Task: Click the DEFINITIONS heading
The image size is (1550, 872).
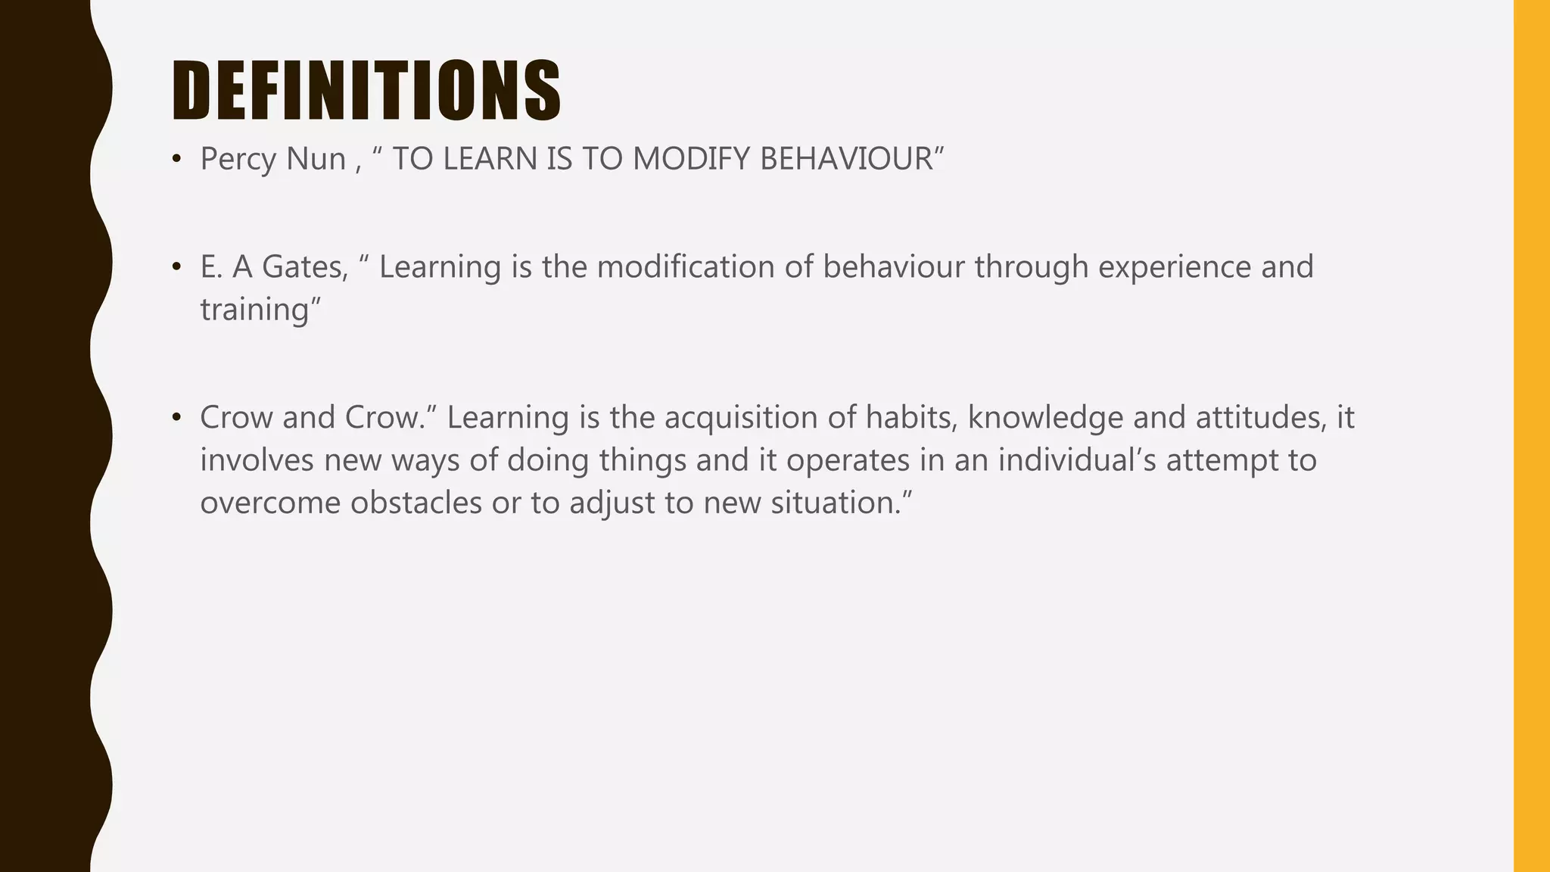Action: coord(366,91)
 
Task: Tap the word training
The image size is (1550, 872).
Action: coord(254,310)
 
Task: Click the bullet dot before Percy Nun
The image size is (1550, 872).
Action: coord(176,160)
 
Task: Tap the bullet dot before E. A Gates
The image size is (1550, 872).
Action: coord(176,267)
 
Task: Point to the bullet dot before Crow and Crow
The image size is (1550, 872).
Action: coord(176,418)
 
